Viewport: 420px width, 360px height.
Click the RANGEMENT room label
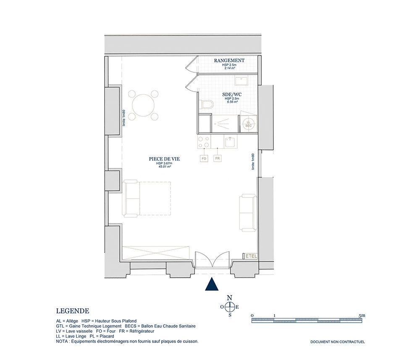[x=229, y=60]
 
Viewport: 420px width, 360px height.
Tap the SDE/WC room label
[x=232, y=95]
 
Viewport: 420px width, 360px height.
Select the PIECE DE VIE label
[x=164, y=159]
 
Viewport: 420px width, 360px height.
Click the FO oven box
[x=204, y=158]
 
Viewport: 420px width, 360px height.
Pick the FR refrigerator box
[x=218, y=158]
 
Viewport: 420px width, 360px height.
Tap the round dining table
[x=143, y=105]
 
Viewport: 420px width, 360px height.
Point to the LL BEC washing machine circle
[x=248, y=124]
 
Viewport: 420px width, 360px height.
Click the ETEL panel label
[x=251, y=256]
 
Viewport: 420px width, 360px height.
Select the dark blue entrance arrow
[x=212, y=284]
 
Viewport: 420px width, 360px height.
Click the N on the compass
[x=229, y=298]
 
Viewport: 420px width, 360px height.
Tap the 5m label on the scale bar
[x=362, y=315]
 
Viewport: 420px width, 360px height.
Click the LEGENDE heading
[x=73, y=311]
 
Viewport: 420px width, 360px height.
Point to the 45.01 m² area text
[x=165, y=166]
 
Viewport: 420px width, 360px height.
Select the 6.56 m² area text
[x=232, y=102]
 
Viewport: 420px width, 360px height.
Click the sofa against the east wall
[x=248, y=213]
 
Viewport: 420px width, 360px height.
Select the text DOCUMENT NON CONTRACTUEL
[x=338, y=342]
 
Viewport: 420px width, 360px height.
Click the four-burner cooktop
[x=204, y=142]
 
